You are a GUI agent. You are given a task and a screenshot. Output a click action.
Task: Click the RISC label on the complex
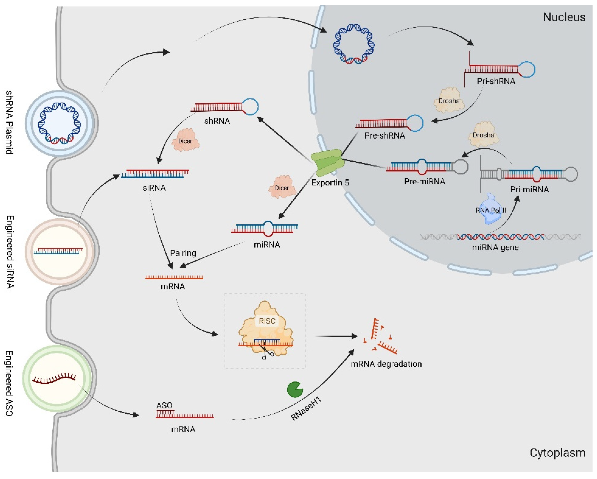coord(267,321)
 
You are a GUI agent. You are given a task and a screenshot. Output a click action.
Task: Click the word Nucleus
coord(564,17)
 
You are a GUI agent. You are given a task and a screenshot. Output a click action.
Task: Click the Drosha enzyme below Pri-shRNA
coord(449,101)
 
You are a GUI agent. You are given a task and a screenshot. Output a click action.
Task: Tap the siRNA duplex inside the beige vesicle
coord(58,251)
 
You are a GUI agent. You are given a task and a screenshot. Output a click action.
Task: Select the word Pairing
coord(183,253)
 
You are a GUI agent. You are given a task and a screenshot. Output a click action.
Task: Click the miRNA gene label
coord(495,247)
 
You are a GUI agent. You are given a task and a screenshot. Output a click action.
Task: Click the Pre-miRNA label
coord(424,181)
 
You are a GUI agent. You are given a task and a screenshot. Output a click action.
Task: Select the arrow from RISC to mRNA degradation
coord(336,336)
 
